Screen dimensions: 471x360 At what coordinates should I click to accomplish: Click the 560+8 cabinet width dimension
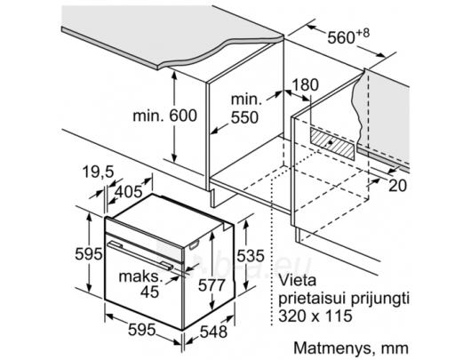pyautogui.click(x=348, y=36)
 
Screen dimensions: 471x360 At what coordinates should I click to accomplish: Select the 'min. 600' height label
pyautogui.click(x=165, y=116)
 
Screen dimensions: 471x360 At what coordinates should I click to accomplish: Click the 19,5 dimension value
pyautogui.click(x=99, y=172)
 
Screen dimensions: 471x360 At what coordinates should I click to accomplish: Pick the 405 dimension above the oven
pyautogui.click(x=129, y=192)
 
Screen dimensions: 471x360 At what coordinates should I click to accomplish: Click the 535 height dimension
pyautogui.click(x=251, y=256)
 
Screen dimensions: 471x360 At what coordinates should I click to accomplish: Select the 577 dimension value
pyautogui.click(x=212, y=284)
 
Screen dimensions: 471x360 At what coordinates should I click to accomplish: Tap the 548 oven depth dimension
pyautogui.click(x=213, y=332)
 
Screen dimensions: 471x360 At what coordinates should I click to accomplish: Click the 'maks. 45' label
pyautogui.click(x=141, y=284)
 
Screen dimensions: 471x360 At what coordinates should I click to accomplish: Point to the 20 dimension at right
pyautogui.click(x=398, y=186)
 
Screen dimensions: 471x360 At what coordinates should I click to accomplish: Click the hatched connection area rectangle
pyautogui.click(x=332, y=143)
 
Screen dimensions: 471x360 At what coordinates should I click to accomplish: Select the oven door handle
pyautogui.click(x=140, y=255)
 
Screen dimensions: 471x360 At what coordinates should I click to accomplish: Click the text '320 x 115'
pyautogui.click(x=315, y=316)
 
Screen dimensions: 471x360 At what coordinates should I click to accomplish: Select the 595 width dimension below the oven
pyautogui.click(x=142, y=330)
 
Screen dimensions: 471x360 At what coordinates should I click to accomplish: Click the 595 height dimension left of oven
pyautogui.click(x=89, y=253)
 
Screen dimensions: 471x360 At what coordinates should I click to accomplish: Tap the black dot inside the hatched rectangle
pyautogui.click(x=330, y=142)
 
